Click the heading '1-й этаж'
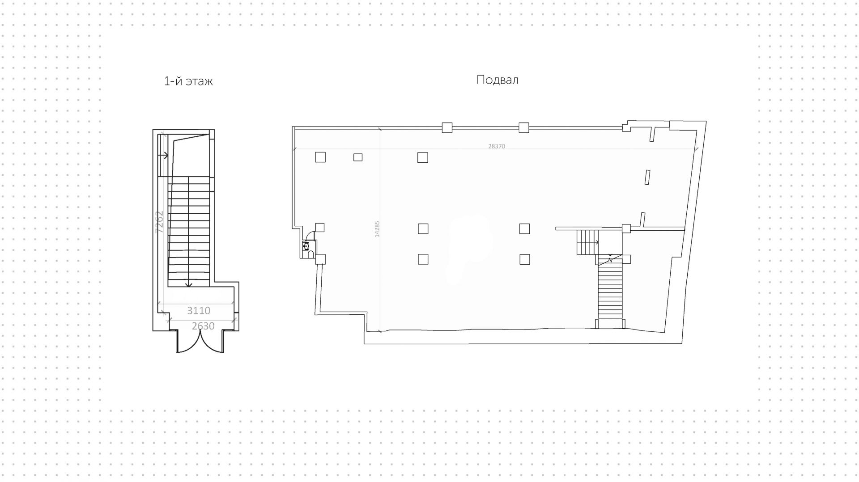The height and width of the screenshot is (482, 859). pos(188,81)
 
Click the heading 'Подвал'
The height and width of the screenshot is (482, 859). pos(497,80)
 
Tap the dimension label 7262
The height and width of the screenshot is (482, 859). pos(159,222)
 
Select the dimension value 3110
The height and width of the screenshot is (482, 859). pos(199,310)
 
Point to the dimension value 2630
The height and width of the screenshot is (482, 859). pos(203,326)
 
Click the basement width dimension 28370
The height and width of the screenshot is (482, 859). pos(497,146)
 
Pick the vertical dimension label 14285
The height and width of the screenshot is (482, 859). pos(377,228)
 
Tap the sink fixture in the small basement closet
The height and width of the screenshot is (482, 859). pos(306,246)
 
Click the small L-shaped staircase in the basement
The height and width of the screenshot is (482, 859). pos(587,242)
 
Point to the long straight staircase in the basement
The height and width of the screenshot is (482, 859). pos(610,291)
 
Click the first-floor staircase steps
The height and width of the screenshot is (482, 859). pos(189,230)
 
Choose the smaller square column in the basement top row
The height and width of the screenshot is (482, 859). pos(358,157)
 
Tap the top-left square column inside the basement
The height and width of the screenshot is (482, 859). pos(320,157)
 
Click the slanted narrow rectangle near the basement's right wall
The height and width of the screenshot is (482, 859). pos(647,177)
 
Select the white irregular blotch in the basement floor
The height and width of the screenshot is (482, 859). pos(468,248)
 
